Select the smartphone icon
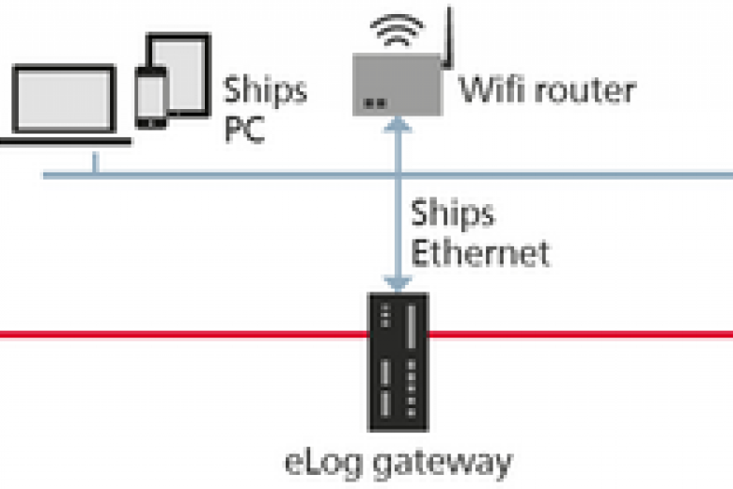tap(151, 93)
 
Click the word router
tap(583, 91)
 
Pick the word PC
tap(244, 129)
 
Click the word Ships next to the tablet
tap(265, 91)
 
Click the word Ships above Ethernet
tap(453, 214)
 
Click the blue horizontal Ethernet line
tap(235, 175)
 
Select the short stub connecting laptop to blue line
tap(94, 165)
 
